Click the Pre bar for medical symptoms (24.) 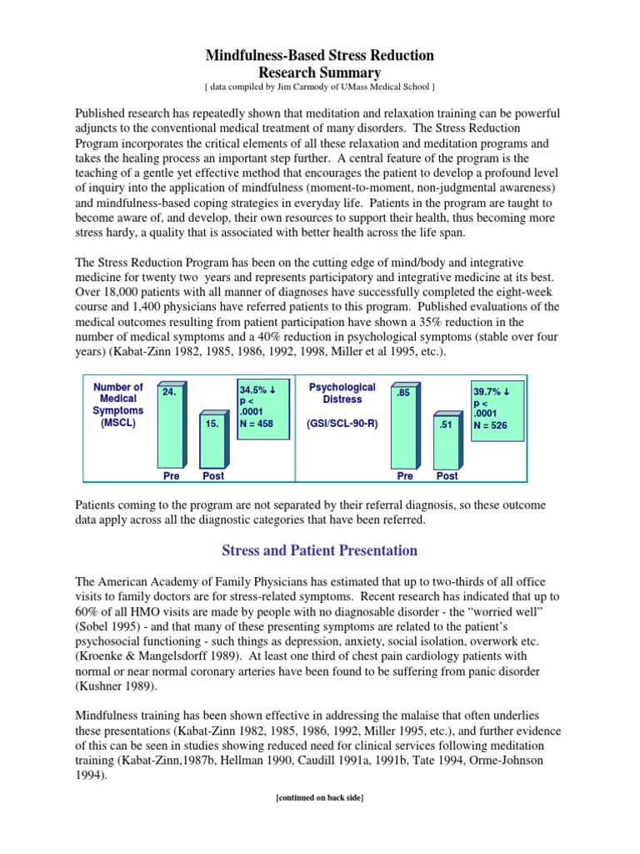171,424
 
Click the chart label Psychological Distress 342,394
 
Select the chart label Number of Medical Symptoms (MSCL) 117,405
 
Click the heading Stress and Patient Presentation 319,551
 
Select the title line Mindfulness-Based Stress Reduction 320,56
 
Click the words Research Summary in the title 320,73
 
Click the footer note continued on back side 319,798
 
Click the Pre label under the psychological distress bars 405,475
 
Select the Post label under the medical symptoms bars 213,475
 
